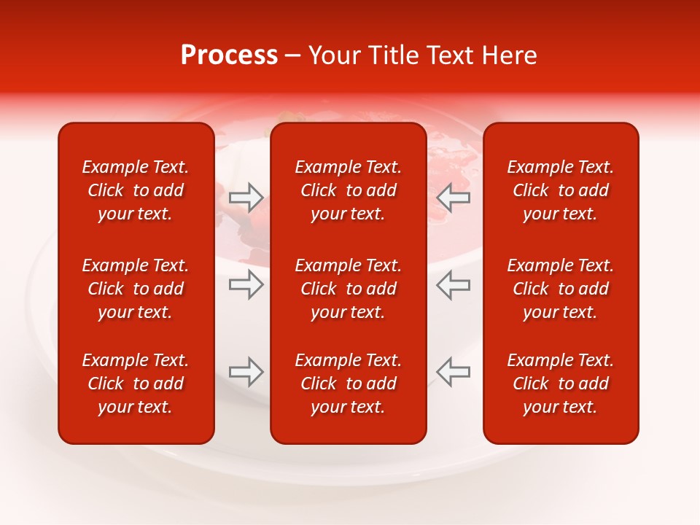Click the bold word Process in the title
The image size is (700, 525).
[x=229, y=55]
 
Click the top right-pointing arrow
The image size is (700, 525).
[x=246, y=197]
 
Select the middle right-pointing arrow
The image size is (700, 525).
[x=246, y=284]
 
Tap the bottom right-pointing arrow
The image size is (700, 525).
[x=246, y=371]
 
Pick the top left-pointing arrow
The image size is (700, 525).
[x=454, y=197]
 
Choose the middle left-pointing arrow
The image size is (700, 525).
[x=454, y=284]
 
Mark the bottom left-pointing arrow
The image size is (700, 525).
[x=454, y=371]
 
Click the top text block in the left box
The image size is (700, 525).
[x=136, y=190]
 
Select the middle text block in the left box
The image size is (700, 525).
[x=136, y=289]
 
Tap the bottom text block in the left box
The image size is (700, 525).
[x=136, y=384]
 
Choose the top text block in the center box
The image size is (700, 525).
[x=348, y=190]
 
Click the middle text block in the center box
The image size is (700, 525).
[x=348, y=289]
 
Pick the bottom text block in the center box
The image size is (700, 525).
[x=348, y=384]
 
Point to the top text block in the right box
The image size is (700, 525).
[x=560, y=190]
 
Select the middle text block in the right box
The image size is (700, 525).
[x=560, y=289]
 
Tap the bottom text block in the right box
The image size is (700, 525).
[x=560, y=384]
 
